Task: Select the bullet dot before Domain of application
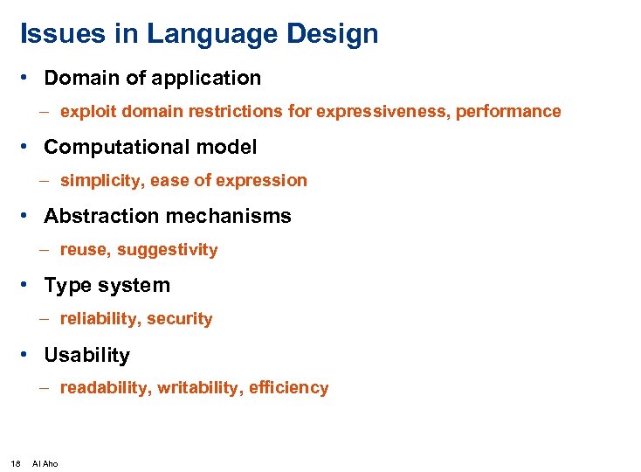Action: pyautogui.click(x=29, y=78)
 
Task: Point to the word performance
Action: pyautogui.click(x=513, y=112)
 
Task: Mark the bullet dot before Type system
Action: pyautogui.click(x=29, y=285)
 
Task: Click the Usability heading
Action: pyautogui.click(x=86, y=355)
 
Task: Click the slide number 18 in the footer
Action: pyautogui.click(x=16, y=463)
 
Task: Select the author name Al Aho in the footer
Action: pyautogui.click(x=45, y=463)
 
